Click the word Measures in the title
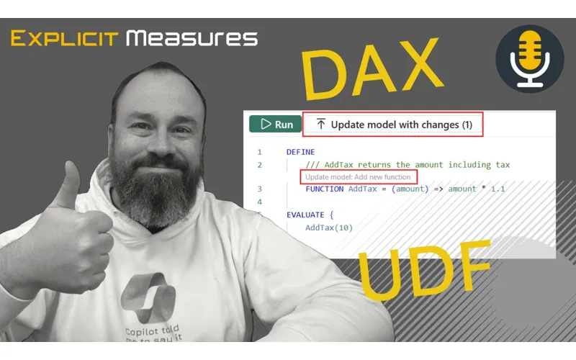[192, 37]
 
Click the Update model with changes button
[393, 125]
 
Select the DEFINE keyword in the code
[300, 152]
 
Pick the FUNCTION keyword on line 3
[325, 189]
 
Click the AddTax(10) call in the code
[329, 228]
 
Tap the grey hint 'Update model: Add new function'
[358, 176]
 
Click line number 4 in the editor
[259, 202]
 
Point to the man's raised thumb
[71, 191]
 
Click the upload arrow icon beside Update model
[321, 125]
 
